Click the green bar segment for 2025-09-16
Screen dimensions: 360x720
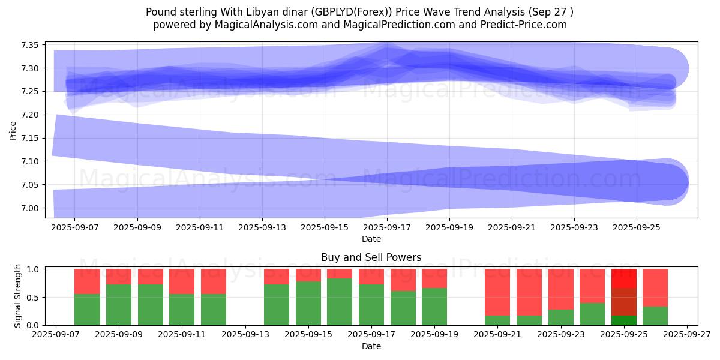[340, 302]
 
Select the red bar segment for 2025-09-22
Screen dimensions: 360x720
[529, 292]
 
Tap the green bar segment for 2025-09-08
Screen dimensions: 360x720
[87, 310]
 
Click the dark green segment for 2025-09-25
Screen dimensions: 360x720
[624, 320]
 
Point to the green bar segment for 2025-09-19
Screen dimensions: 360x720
[434, 307]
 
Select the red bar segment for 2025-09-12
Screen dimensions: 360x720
[214, 281]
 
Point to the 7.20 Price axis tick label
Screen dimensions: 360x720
[30, 115]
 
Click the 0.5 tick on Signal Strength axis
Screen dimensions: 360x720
[35, 297]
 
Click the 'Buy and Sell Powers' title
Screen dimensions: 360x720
[371, 257]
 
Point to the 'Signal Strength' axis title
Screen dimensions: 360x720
[18, 296]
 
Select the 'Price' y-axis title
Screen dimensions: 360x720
[13, 130]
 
